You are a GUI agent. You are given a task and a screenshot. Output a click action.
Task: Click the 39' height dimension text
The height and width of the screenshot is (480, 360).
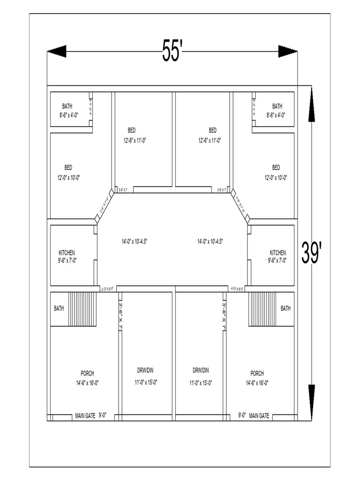click(311, 254)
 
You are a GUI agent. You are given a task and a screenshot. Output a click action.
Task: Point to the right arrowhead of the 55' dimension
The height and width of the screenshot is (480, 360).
click(287, 52)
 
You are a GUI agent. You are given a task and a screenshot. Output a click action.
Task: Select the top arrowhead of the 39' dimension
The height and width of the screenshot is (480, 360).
click(312, 106)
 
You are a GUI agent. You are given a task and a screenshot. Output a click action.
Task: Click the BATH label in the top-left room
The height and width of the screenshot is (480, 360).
click(67, 106)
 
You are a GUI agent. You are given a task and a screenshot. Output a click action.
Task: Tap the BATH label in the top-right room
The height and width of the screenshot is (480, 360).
click(277, 106)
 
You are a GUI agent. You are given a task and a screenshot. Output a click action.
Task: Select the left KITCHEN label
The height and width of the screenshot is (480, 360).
click(67, 253)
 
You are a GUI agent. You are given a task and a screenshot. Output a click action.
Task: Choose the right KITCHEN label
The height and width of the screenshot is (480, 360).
click(277, 253)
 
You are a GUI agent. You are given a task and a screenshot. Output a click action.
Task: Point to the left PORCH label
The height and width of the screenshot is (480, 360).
click(87, 374)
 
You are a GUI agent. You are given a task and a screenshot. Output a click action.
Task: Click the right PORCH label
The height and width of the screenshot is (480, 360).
click(257, 374)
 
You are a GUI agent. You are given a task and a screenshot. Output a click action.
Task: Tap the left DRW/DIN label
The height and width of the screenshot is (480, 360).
click(146, 370)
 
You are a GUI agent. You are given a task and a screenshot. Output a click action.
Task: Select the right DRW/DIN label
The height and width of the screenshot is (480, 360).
click(201, 370)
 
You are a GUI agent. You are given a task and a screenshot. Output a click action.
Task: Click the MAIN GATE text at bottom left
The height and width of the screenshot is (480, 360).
click(85, 415)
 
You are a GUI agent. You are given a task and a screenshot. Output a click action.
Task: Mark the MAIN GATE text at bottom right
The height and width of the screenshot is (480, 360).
click(259, 415)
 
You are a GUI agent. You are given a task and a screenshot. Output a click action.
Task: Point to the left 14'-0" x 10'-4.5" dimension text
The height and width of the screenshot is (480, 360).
click(135, 242)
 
